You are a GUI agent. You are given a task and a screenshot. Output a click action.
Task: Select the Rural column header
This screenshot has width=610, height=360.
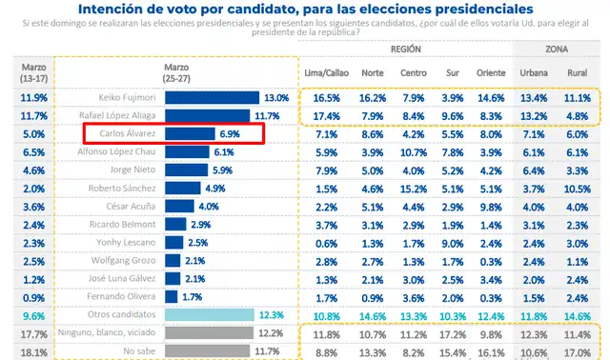tap(578, 72)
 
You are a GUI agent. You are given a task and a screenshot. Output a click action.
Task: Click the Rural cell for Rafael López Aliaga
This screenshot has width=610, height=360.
tap(578, 115)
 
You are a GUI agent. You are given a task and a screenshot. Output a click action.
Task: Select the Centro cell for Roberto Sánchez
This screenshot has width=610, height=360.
tap(414, 188)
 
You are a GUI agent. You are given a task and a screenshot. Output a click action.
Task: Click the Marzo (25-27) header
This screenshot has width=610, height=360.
tap(177, 73)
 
